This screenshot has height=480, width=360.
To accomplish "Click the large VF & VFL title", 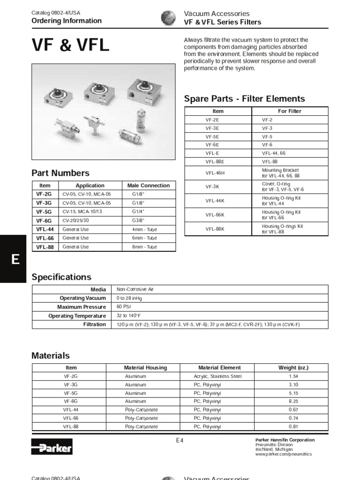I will [70, 45].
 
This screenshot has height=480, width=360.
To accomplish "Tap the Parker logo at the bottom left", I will [52, 447].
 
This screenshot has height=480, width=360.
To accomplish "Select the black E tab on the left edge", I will [15, 259].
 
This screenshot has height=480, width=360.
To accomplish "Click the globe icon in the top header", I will [168, 18].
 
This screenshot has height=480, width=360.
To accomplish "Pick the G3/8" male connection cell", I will [138, 220].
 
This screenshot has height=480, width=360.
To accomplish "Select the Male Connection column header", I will [148, 186].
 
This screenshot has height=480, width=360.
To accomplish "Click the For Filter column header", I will [290, 111].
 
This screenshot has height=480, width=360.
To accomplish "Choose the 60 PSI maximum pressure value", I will [124, 307].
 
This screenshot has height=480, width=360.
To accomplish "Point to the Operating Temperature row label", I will [77, 316].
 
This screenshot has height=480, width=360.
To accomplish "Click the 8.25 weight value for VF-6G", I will [294, 401].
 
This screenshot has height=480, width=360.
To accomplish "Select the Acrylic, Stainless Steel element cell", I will [217, 376].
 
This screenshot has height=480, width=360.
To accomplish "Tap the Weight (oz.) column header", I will [293, 368].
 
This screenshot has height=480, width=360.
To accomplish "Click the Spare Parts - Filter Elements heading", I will [244, 98].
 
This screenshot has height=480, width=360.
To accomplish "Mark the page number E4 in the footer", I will [180, 440].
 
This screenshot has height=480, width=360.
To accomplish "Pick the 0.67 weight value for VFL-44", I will [294, 410].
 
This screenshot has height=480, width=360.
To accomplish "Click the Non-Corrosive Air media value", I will [135, 289].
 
